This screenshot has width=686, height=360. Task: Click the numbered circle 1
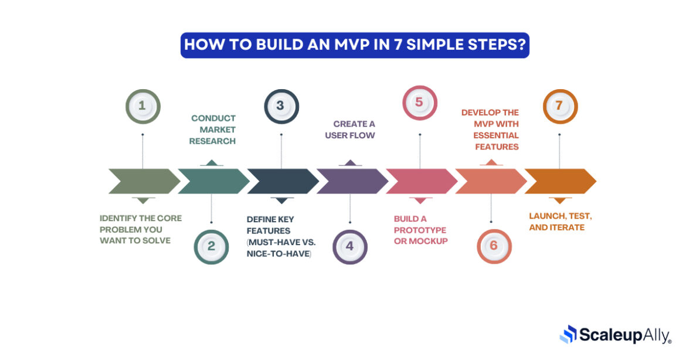142,106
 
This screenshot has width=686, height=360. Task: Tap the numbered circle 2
211,246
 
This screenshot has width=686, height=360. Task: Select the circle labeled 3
281,106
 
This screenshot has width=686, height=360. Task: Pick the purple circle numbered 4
350,246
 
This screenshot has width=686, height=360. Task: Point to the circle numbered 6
494,246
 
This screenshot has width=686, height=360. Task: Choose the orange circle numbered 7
559,106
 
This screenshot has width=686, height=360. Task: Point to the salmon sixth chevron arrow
490,181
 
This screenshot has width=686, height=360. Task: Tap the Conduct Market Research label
213,130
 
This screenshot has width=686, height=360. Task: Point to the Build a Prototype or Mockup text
420,229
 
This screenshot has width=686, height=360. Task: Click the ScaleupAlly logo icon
568,334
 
